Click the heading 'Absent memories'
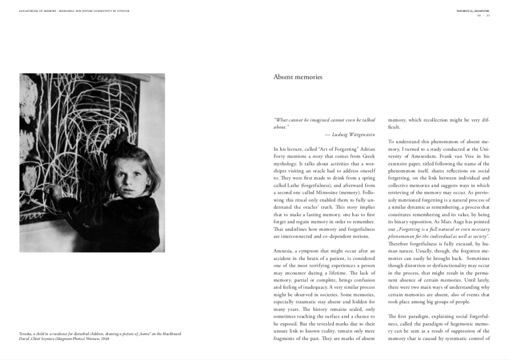click(x=298, y=77)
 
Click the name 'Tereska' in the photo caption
click(x=26, y=334)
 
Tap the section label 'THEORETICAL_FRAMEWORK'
click(x=473, y=10)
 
